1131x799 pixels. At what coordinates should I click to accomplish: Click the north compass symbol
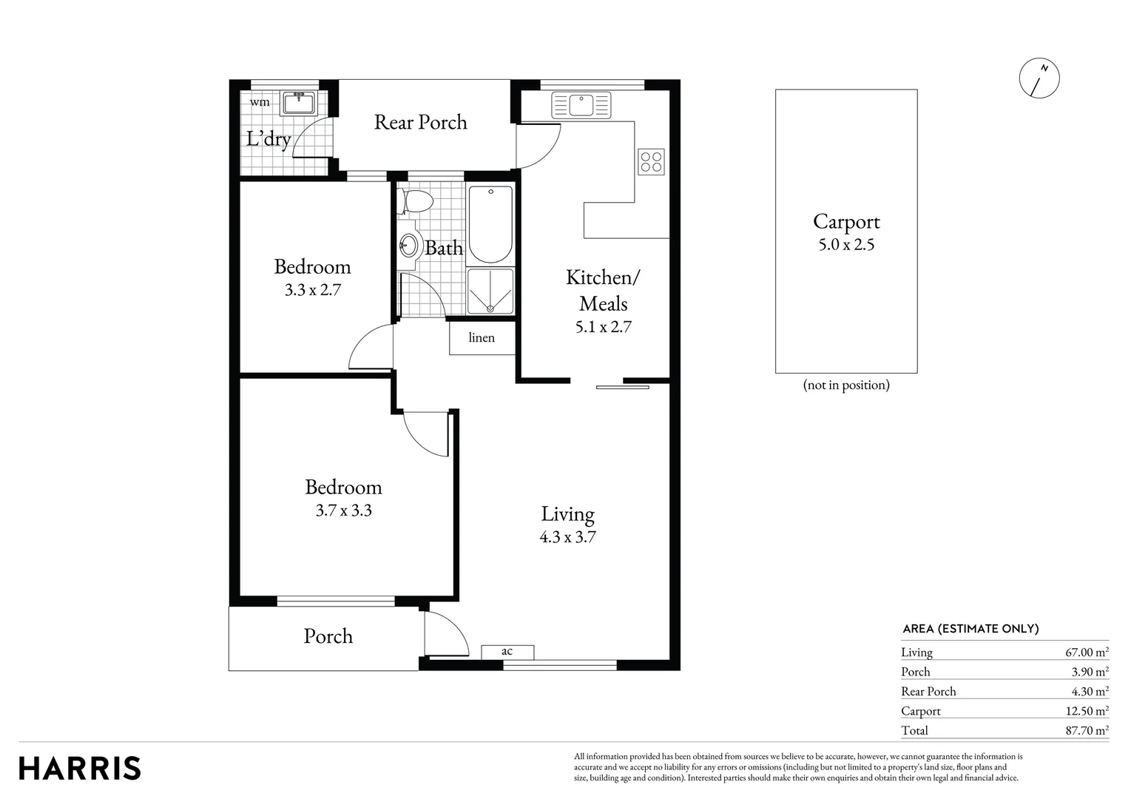[x=1039, y=77]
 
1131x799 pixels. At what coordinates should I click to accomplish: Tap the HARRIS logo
[x=80, y=768]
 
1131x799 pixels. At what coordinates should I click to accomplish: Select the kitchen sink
[x=581, y=105]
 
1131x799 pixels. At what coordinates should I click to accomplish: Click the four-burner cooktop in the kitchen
[x=652, y=162]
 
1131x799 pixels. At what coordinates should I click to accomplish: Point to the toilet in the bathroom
[x=414, y=201]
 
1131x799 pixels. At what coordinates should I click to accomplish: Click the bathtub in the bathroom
[x=490, y=224]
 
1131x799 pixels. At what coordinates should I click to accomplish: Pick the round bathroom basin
[x=408, y=245]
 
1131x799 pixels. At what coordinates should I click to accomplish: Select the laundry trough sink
[x=299, y=103]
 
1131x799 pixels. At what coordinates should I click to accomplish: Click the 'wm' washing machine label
[x=260, y=102]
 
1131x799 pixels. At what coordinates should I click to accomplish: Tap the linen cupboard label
[x=482, y=338]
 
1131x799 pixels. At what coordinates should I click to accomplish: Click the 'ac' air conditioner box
[x=507, y=652]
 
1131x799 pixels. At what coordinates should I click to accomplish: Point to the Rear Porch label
[x=420, y=122]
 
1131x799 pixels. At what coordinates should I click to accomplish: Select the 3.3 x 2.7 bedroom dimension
[x=312, y=290]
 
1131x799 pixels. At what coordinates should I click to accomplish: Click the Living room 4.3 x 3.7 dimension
[x=567, y=537]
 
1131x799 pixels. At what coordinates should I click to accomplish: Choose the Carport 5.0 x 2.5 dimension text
[x=846, y=245]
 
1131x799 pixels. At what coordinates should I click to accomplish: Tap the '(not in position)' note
[x=846, y=385]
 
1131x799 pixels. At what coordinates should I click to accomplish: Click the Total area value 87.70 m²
[x=1086, y=731]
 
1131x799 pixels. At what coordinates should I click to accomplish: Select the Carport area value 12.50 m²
[x=1086, y=711]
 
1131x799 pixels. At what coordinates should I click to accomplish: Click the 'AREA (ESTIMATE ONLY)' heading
[x=970, y=629]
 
